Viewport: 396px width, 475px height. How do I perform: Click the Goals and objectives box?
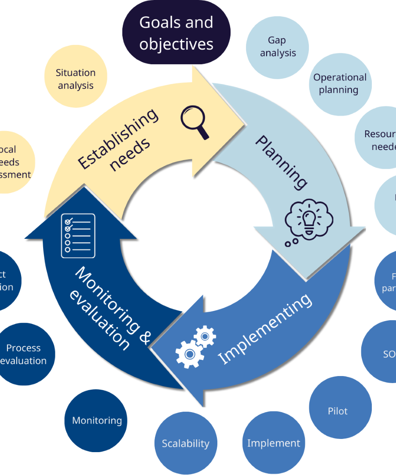176,33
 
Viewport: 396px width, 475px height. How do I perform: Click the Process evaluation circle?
24,354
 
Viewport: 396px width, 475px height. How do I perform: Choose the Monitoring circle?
96,420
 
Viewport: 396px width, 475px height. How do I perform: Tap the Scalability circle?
186,443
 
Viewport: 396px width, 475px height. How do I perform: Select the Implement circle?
274,443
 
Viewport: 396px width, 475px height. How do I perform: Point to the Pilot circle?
338,411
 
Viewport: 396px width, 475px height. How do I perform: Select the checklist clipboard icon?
77,235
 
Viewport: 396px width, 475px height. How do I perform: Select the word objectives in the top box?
176,44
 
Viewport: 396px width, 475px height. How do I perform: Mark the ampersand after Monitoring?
144,336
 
